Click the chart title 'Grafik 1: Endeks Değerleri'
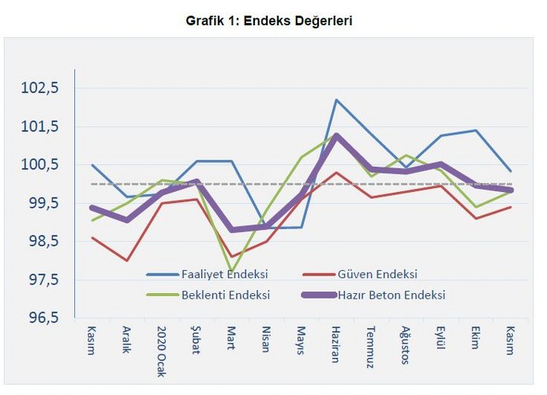[x=268, y=21]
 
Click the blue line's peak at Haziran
[x=336, y=100]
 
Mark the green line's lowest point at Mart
[x=231, y=271]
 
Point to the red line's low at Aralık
[x=126, y=260]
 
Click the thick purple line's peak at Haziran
[x=336, y=135]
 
